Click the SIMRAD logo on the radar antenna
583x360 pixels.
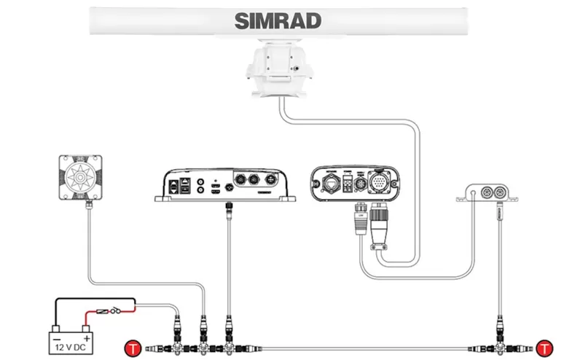278,21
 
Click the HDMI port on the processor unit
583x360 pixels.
216,187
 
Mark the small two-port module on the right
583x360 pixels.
488,193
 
